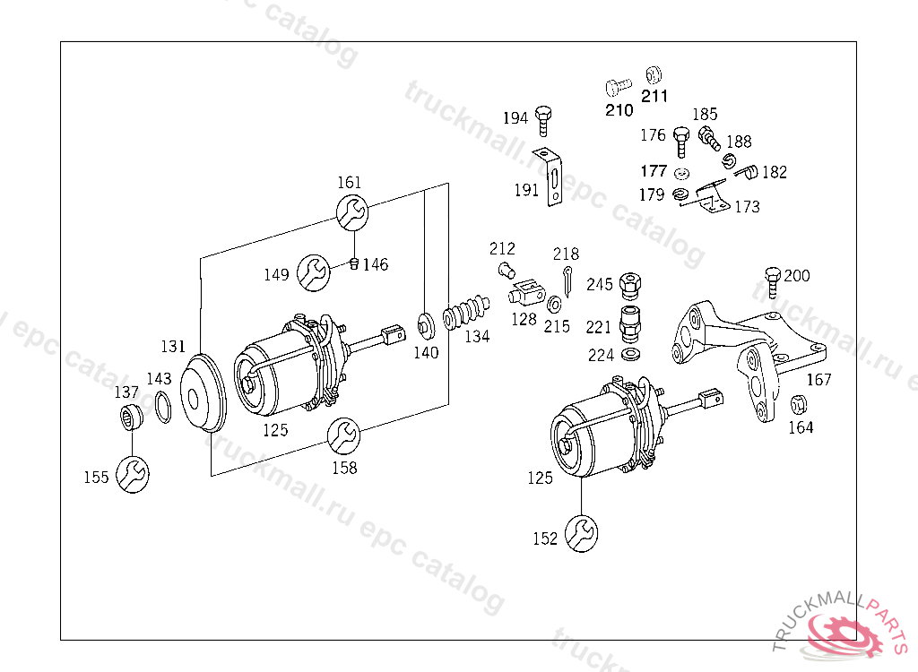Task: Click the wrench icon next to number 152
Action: pyautogui.click(x=581, y=533)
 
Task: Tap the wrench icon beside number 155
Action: pyautogui.click(x=133, y=474)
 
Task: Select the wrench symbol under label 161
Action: pyautogui.click(x=352, y=213)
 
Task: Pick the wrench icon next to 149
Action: pyautogui.click(x=313, y=272)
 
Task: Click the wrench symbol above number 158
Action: pyautogui.click(x=343, y=436)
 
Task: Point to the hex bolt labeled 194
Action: pyautogui.click(x=543, y=121)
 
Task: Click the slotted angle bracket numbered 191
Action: pyautogui.click(x=551, y=177)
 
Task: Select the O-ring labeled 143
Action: pyautogui.click(x=163, y=408)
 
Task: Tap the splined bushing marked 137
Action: pyautogui.click(x=131, y=417)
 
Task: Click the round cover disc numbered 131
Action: pyautogui.click(x=202, y=392)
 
